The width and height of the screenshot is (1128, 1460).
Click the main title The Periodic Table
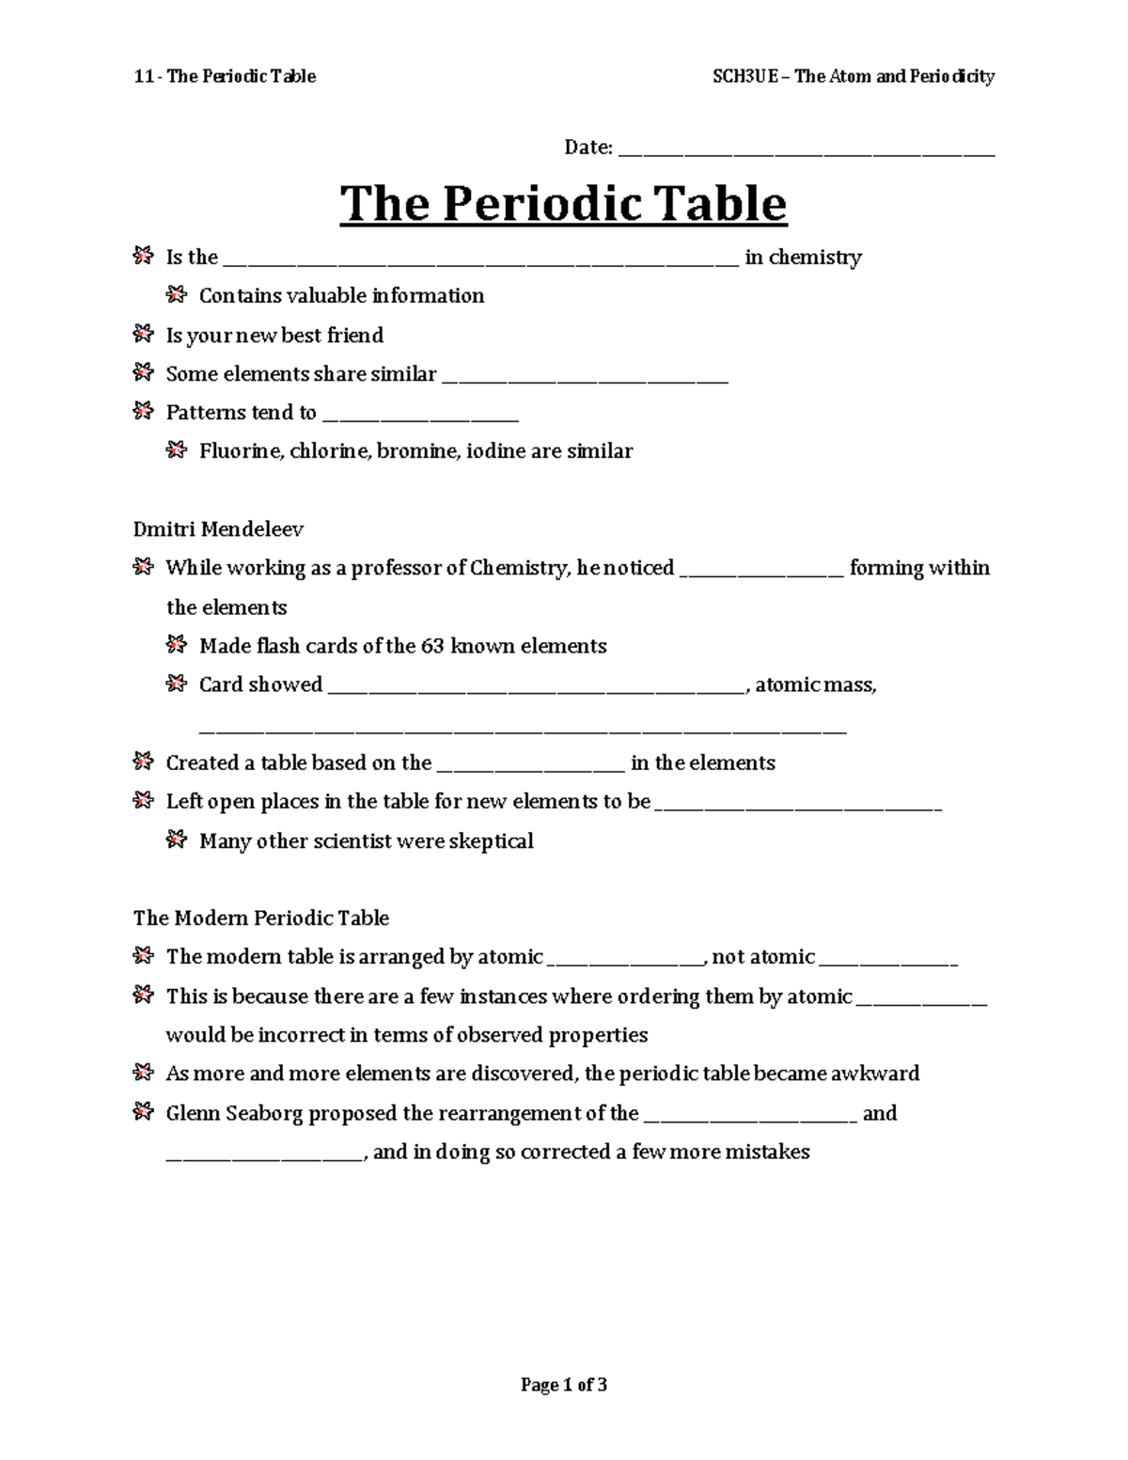[563, 204]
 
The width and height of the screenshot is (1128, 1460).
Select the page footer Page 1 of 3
[564, 1384]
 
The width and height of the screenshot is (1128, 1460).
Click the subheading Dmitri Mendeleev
[218, 529]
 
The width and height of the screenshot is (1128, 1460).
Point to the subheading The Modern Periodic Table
[260, 918]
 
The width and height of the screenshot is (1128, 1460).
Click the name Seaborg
[264, 1113]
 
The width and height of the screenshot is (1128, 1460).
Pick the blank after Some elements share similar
[585, 378]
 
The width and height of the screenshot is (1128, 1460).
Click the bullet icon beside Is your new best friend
[143, 333]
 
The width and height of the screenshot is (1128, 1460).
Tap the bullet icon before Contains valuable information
[176, 294]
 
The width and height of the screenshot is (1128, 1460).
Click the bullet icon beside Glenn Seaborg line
[143, 1112]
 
